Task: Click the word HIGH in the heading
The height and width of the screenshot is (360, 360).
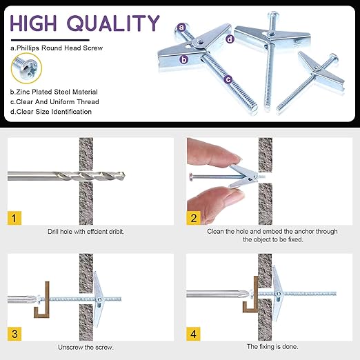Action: tap(33, 23)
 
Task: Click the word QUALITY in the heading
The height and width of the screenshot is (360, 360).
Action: tap(113, 23)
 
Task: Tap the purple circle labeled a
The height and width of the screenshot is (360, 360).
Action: tap(182, 28)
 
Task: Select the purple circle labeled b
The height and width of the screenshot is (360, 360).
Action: tap(184, 59)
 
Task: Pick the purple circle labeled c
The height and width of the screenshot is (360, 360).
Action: tap(228, 79)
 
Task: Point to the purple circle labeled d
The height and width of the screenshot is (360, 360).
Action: tap(230, 39)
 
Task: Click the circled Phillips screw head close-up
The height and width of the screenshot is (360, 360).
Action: tap(26, 68)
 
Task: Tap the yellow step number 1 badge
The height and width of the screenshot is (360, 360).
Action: tap(14, 218)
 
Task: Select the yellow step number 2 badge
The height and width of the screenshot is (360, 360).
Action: tap(193, 218)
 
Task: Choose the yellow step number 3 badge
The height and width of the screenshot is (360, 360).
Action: tap(14, 334)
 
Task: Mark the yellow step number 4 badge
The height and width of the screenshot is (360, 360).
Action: tap(193, 334)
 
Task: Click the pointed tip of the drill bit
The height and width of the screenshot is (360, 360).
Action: tap(125, 176)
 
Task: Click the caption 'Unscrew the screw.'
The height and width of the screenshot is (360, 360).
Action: tap(86, 347)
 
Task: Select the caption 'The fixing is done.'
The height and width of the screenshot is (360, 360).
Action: tap(272, 346)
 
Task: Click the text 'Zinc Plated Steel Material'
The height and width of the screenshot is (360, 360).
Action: tap(57, 92)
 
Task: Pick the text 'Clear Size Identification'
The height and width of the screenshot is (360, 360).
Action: tap(54, 112)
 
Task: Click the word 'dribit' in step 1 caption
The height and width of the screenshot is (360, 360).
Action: tap(116, 232)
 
